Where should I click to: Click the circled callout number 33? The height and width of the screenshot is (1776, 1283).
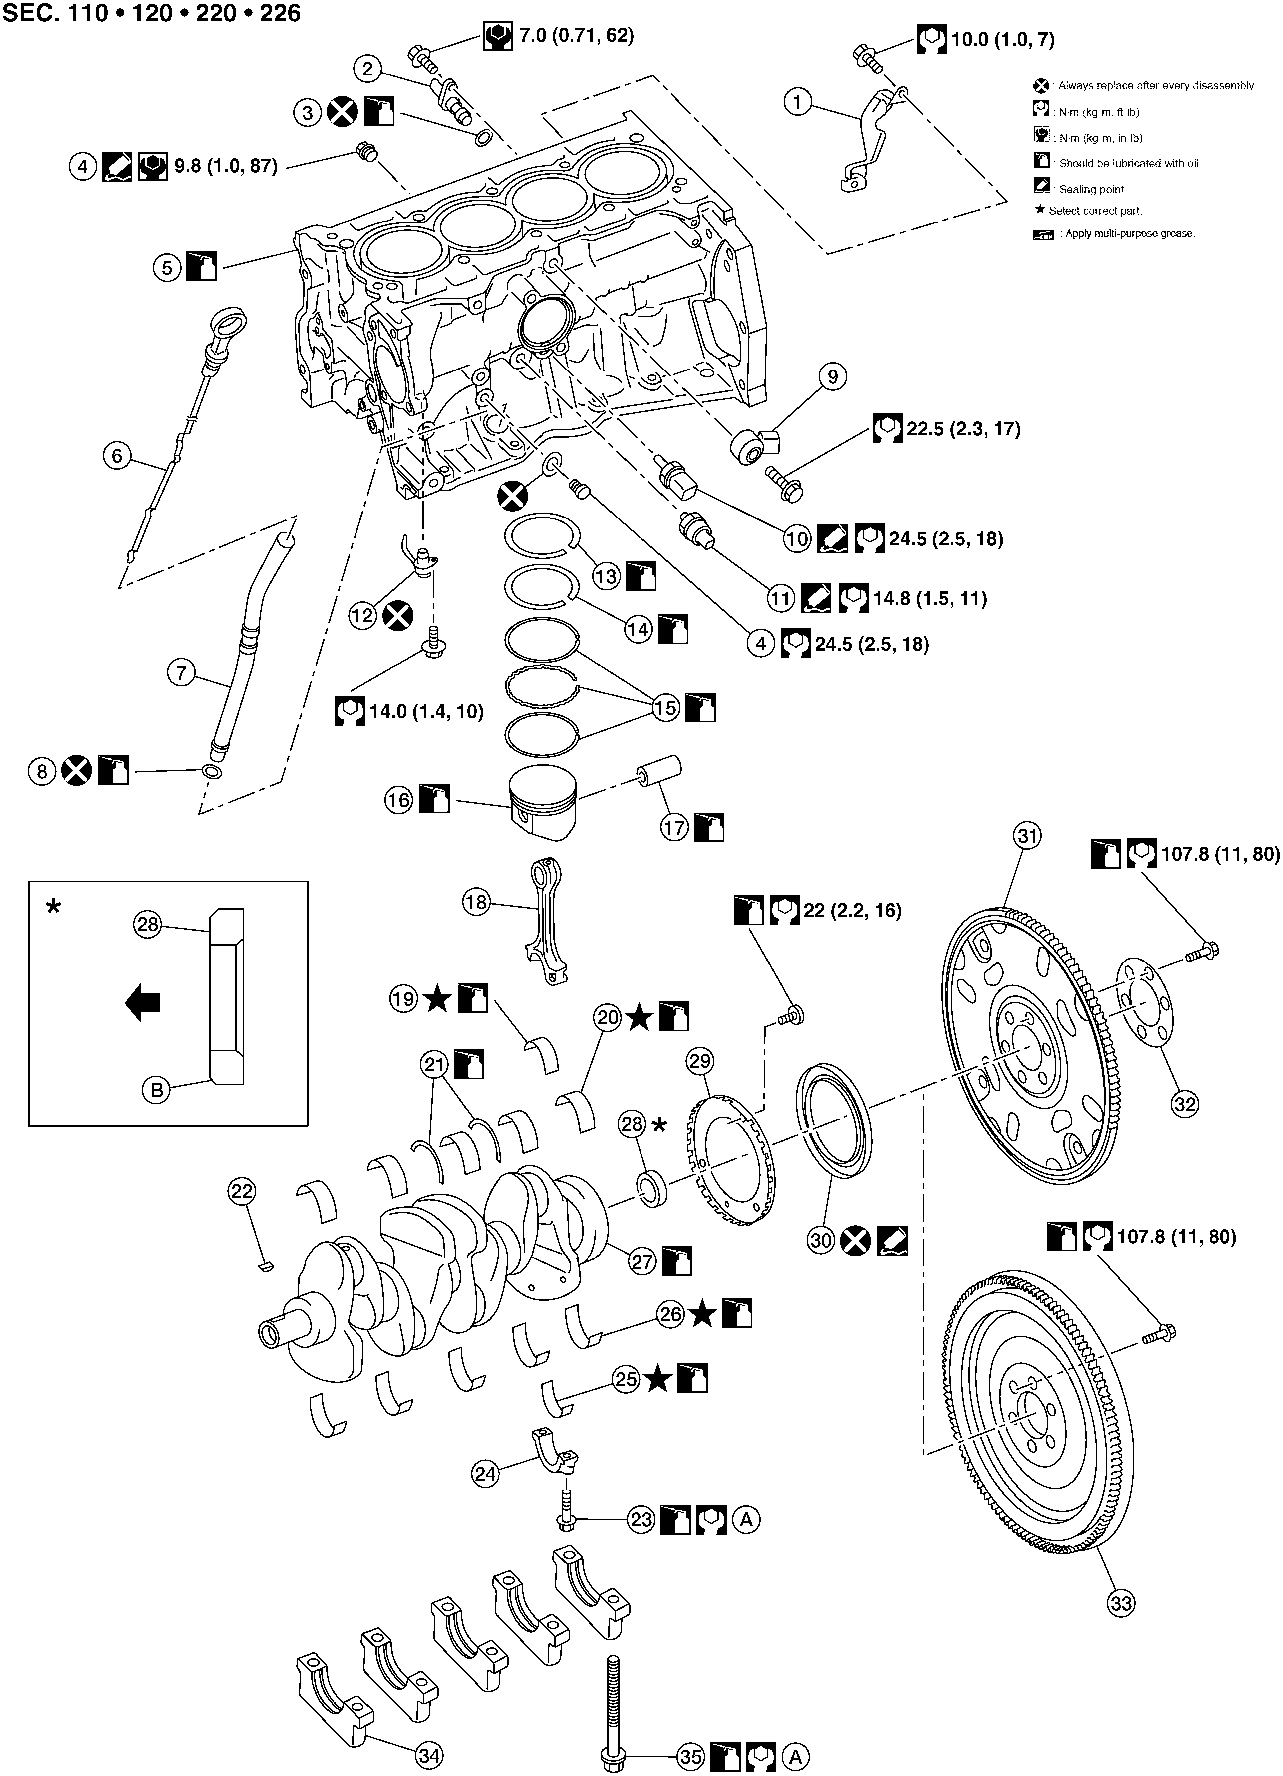pyautogui.click(x=1121, y=1603)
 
